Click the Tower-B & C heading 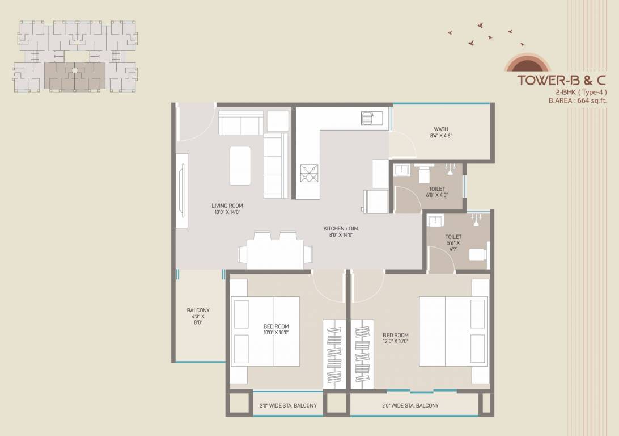561,80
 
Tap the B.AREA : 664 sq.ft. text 577,100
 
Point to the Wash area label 441,132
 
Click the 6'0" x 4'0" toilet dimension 437,195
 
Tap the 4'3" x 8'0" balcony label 198,316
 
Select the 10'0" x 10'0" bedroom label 277,329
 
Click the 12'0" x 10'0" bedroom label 396,338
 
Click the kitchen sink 372,118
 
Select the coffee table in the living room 240,166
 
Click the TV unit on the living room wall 182,190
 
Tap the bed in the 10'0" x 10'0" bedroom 265,331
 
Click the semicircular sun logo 527,62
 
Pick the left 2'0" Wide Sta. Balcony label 288,405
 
